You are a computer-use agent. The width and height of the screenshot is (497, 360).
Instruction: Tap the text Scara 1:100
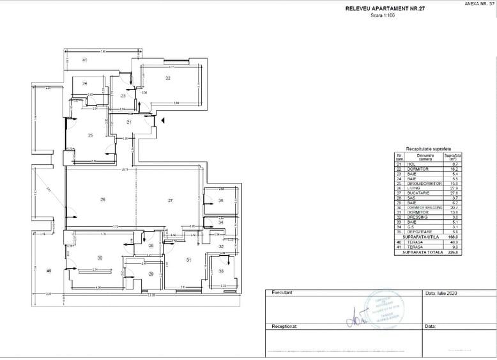[x=382, y=15]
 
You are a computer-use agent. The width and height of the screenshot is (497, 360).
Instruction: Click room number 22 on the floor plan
[x=168, y=78]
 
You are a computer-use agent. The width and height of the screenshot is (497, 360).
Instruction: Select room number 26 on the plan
[x=102, y=201]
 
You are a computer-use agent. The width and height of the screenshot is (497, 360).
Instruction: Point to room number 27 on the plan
[x=171, y=201]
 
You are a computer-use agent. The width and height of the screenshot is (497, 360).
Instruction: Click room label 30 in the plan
[x=100, y=258]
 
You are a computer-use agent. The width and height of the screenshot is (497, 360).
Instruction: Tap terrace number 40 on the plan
[x=49, y=271]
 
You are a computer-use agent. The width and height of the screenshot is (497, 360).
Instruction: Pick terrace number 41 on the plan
[x=84, y=59]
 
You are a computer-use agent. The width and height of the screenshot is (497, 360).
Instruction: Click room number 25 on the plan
[x=91, y=135]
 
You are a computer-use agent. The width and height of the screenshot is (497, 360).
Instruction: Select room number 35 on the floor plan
[x=220, y=201]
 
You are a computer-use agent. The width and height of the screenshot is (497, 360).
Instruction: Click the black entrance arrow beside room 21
[x=164, y=120]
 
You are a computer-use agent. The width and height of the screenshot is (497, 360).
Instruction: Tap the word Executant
[x=282, y=292]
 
